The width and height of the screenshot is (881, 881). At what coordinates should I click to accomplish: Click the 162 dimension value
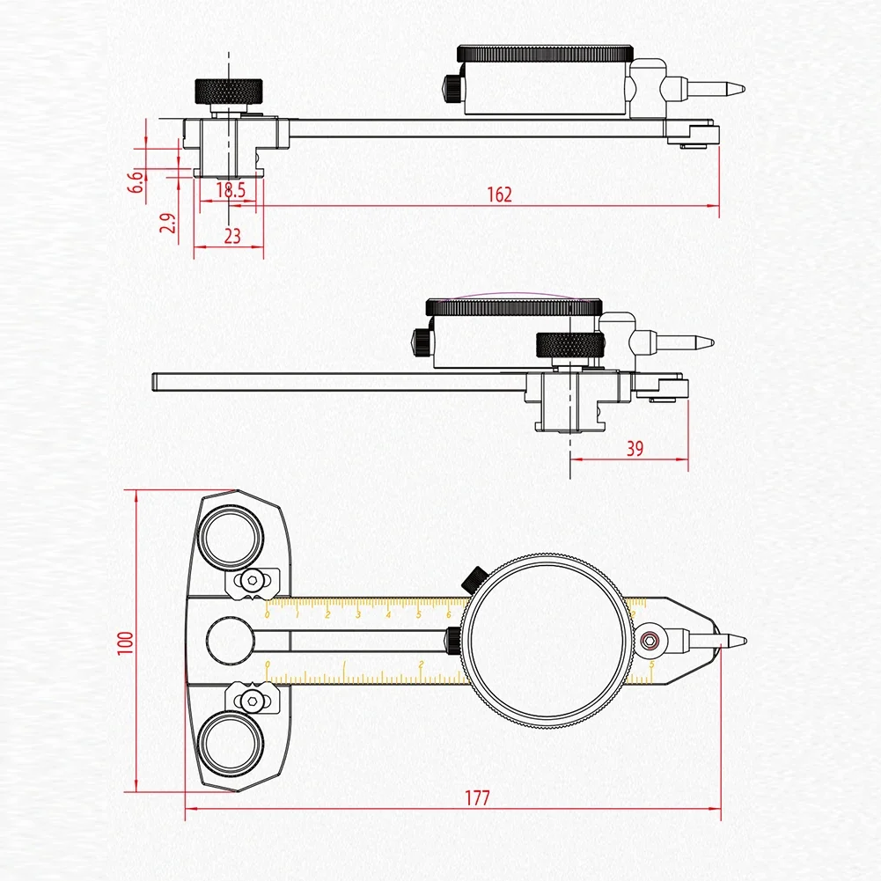pos(499,195)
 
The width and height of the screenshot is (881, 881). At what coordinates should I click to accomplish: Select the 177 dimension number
pos(476,798)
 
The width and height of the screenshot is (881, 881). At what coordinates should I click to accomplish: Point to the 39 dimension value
pos(635,448)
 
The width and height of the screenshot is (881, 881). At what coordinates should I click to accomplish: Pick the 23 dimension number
pos(231,236)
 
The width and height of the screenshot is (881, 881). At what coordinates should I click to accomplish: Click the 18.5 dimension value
pos(230,188)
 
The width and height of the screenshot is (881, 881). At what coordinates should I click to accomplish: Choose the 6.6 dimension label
pos(136,181)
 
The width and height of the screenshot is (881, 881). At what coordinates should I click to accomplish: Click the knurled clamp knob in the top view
pos(229,90)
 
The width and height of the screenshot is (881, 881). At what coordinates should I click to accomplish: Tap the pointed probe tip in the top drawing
pos(735,88)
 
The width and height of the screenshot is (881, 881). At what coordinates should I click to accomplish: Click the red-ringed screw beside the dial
pos(650,641)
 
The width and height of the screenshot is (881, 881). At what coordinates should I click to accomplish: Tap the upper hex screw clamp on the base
pos(253,579)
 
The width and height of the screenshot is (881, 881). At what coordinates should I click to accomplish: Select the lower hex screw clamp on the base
pos(253,701)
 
